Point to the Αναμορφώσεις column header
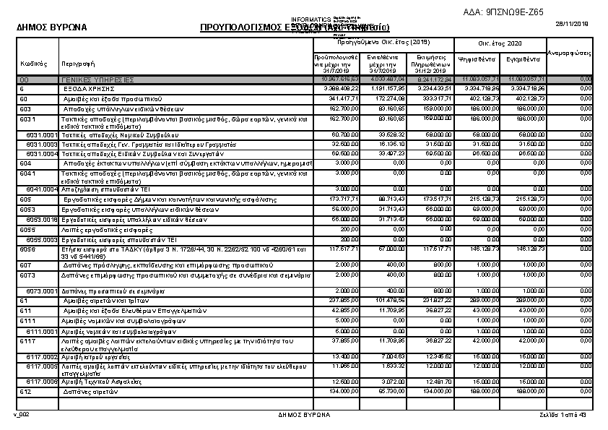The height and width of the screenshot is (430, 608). pos(570,53)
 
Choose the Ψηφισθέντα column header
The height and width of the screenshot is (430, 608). pos(477,59)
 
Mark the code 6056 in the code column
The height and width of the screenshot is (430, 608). pos(27,248)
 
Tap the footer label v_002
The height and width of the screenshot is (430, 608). pos(22,415)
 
